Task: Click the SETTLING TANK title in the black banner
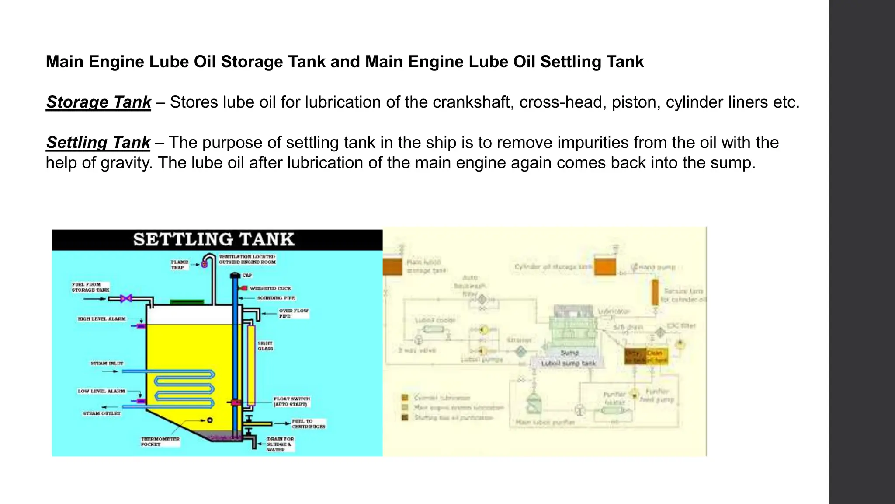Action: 214,239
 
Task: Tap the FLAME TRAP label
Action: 179,265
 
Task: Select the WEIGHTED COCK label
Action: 270,288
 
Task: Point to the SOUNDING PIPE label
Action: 276,298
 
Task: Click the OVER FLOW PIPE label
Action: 293,313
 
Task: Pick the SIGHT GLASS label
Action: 265,346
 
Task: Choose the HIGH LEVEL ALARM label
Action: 101,319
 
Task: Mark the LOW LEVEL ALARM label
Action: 101,391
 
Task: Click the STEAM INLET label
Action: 107,363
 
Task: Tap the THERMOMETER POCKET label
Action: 160,441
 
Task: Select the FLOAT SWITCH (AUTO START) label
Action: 291,402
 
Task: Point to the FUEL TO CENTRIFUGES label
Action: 308,424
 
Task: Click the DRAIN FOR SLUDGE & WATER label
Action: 280,444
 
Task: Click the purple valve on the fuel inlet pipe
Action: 126,299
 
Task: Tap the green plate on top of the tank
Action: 187,301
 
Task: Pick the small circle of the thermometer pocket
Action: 210,420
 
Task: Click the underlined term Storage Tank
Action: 98,102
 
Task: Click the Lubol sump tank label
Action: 568,363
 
